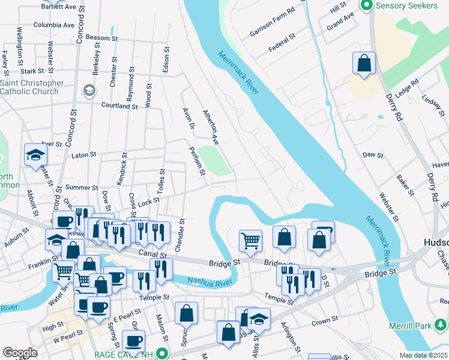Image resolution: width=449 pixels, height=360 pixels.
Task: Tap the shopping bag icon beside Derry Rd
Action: (x=364, y=64)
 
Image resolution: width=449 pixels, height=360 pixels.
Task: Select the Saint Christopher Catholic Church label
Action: (x=31, y=87)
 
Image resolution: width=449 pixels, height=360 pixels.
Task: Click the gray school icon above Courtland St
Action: (x=89, y=91)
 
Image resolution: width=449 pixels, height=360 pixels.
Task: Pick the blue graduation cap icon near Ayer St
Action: (x=35, y=155)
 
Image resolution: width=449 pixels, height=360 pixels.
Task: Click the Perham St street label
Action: (x=197, y=162)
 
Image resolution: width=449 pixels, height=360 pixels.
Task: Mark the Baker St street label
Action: (x=405, y=185)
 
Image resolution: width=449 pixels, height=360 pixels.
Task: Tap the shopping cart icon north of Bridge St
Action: (x=250, y=241)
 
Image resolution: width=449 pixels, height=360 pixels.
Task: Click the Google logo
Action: (x=20, y=353)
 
